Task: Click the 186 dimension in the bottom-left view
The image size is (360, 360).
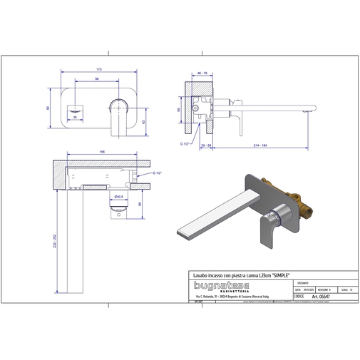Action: pyautogui.click(x=102, y=153)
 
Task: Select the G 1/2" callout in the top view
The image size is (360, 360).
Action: pyautogui.click(x=158, y=173)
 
